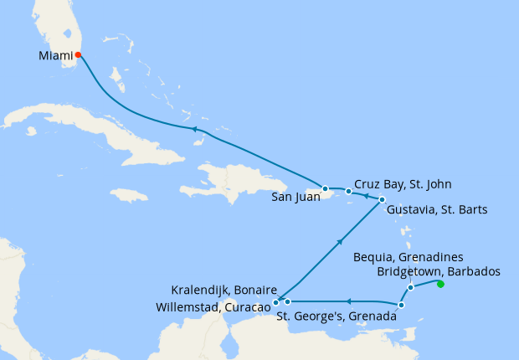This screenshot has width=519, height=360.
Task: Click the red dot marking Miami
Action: point(78,55)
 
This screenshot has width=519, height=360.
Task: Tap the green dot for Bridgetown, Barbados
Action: point(440,285)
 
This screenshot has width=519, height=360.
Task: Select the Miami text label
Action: point(55,56)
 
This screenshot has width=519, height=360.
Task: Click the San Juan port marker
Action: point(325,188)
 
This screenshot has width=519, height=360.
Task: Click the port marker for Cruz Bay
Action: point(348,192)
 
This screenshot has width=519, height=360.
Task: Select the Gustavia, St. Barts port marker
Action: point(382,199)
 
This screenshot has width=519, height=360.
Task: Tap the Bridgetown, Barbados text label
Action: point(439,271)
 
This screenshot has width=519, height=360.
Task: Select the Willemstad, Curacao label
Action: point(213,307)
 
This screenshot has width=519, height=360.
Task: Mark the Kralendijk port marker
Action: point(287,301)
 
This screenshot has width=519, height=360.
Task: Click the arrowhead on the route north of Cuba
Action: point(193,129)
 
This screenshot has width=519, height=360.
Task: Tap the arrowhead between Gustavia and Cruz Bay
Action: point(366,196)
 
